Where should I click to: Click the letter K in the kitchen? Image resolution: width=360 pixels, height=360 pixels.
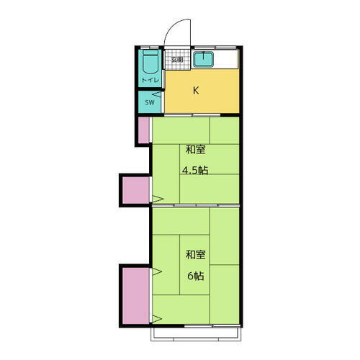point(195,91)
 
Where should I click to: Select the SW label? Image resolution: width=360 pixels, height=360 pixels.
point(149,103)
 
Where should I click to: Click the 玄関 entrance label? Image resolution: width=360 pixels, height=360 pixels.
point(176,60)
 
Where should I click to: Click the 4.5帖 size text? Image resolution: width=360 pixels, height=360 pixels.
point(194,171)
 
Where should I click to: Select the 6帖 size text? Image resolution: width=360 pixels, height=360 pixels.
point(195,275)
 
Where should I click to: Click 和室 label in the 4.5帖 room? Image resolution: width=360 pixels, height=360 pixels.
point(195,150)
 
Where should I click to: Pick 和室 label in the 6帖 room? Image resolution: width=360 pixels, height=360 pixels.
point(195,255)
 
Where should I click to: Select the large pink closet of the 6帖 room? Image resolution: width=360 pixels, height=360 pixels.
point(135,294)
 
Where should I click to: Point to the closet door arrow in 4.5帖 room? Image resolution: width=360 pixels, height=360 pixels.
point(157,198)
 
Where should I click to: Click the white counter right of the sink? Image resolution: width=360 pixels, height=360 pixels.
point(230,60)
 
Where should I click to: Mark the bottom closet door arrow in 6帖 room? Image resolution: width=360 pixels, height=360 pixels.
point(157,318)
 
